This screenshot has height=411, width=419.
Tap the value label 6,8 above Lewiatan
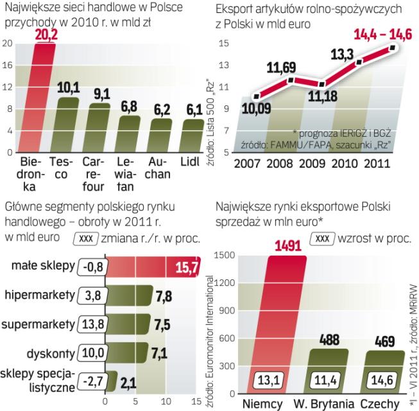(x=130, y=105)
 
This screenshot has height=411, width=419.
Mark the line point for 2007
(x=257, y=97)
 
